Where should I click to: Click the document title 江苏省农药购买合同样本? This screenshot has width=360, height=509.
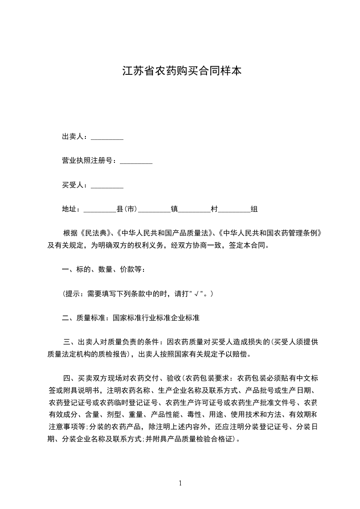[x=182, y=71]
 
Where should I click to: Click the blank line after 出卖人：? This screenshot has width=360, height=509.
[x=107, y=137]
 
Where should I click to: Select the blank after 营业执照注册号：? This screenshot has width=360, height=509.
[x=136, y=161]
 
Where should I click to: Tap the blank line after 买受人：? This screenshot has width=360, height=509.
[x=107, y=185]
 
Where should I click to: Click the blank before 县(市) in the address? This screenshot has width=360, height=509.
[x=100, y=209]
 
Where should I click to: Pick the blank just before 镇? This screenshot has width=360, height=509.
[x=154, y=209]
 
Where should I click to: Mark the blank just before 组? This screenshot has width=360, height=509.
[x=234, y=209]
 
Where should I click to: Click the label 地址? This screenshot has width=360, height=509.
[x=69, y=209]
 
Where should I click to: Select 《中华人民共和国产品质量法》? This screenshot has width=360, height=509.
[x=164, y=233]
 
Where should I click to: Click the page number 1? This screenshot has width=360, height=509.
[x=180, y=483]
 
